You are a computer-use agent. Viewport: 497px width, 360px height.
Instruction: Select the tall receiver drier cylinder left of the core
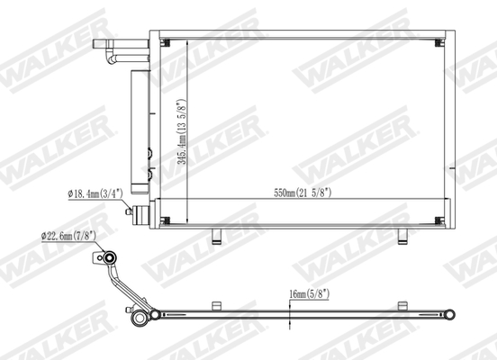[x=140, y=131]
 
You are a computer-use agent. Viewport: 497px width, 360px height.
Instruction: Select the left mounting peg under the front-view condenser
[x=216, y=237]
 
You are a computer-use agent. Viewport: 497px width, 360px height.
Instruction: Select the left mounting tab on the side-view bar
[x=215, y=304]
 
